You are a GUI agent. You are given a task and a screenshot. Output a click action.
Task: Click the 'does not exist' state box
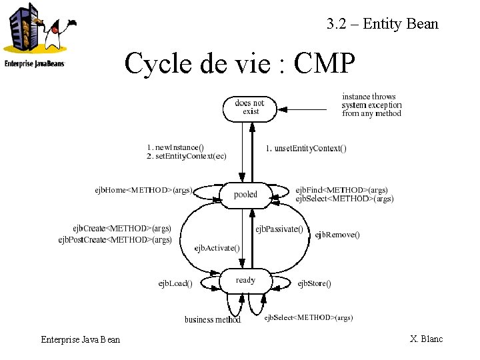(249, 107)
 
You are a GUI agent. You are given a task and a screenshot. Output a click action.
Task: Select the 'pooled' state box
(245, 195)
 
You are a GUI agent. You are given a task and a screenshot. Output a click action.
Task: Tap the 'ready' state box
(245, 281)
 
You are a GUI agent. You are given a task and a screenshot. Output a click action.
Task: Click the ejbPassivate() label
(279, 229)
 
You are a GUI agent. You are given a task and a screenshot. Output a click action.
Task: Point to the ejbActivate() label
(217, 248)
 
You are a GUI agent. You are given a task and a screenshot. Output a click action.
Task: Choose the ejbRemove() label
(337, 235)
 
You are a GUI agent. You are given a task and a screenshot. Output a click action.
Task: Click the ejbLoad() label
(175, 283)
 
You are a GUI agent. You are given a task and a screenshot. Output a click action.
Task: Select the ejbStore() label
(314, 284)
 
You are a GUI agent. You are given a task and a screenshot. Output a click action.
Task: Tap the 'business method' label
(213, 319)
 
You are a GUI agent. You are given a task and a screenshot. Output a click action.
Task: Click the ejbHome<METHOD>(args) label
(143, 190)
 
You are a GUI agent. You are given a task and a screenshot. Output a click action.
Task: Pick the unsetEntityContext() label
(306, 148)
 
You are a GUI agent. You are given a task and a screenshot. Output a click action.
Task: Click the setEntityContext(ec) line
(187, 155)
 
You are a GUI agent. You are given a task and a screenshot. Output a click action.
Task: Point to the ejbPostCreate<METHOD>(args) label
(115, 239)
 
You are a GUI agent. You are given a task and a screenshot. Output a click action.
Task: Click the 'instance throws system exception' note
(371, 105)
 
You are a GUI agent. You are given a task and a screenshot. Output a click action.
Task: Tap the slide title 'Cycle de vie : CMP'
(240, 63)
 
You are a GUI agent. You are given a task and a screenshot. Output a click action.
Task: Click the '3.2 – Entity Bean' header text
(383, 24)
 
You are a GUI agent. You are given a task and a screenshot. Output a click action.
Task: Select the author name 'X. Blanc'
(427, 339)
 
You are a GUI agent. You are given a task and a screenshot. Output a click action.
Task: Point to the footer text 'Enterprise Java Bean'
(81, 340)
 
